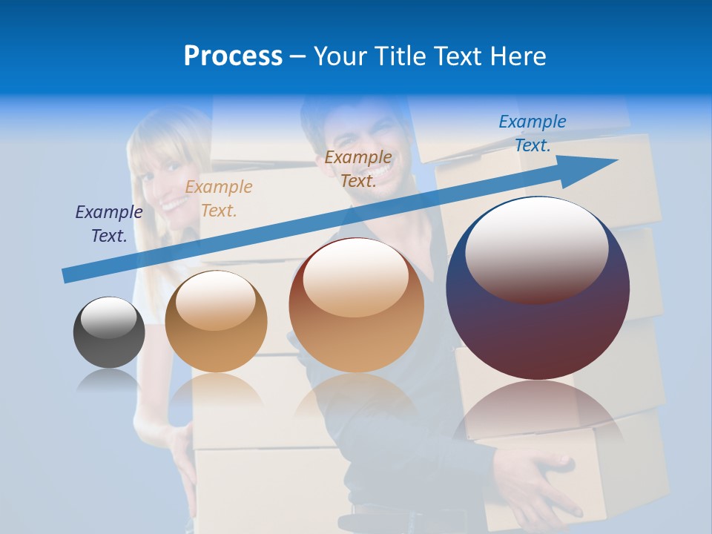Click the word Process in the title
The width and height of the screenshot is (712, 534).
[233, 56]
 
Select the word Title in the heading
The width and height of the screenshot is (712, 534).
[401, 56]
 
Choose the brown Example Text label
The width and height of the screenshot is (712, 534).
[358, 169]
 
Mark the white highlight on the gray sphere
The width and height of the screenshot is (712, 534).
[109, 317]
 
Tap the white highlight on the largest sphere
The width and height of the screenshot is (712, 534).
[536, 248]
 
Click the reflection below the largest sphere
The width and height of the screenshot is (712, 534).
[538, 415]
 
